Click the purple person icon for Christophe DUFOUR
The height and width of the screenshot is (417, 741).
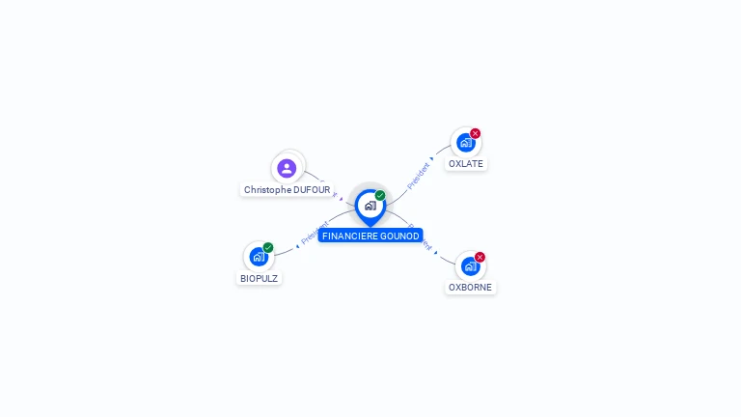tap(287, 168)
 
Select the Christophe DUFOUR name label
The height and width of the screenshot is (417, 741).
tap(287, 190)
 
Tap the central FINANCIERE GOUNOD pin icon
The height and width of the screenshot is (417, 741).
tap(370, 206)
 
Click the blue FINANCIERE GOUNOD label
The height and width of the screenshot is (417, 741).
tap(370, 236)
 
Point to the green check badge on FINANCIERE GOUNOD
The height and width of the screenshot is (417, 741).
tap(380, 196)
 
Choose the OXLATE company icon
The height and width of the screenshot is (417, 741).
tap(465, 143)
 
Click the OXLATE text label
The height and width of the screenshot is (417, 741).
tap(466, 164)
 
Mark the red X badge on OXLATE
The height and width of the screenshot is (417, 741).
tap(476, 133)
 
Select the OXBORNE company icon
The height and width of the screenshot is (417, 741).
tap(470, 266)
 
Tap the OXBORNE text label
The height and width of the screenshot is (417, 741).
tap(470, 288)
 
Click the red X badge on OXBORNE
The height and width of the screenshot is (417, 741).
tap(480, 257)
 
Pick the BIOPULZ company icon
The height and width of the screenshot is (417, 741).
tap(258, 257)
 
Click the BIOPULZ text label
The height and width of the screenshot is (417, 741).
tap(260, 278)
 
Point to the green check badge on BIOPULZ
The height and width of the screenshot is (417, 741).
tap(268, 247)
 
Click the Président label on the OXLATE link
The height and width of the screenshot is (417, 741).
tap(419, 176)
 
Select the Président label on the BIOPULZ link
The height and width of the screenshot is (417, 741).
tap(315, 233)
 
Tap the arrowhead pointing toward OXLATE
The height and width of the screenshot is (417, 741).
tap(433, 158)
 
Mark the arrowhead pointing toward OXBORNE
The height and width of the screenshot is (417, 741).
tap(436, 253)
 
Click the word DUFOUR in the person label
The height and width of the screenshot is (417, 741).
tap(311, 190)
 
